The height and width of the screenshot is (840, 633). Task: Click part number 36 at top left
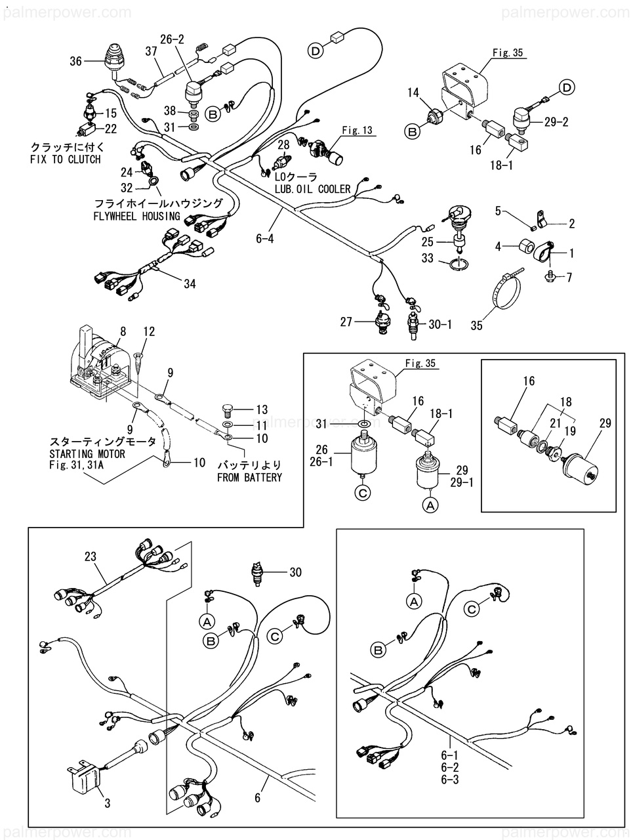pyautogui.click(x=76, y=62)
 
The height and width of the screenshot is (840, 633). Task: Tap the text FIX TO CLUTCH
pyautogui.click(x=66, y=159)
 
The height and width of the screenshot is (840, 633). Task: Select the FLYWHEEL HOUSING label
pyautogui.click(x=136, y=216)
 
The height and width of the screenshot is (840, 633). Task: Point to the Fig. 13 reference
pyautogui.click(x=357, y=131)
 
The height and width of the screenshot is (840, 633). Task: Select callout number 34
pyautogui.click(x=190, y=284)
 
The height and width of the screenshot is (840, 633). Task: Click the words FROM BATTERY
pyautogui.click(x=249, y=477)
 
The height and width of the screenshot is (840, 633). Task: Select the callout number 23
pyautogui.click(x=90, y=557)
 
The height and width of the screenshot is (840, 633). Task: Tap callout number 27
pyautogui.click(x=346, y=322)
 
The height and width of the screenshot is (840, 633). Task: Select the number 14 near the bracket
pyautogui.click(x=413, y=93)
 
